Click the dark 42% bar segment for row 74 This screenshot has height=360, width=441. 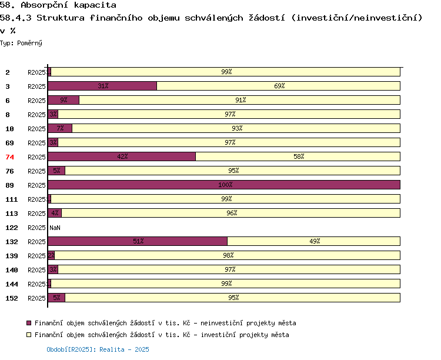tap(122, 156)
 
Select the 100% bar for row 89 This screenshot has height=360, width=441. tap(224, 185)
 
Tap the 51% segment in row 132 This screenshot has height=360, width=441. tap(138, 241)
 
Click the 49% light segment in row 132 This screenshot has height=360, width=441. tap(314, 241)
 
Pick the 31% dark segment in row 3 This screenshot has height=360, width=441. tap(102, 86)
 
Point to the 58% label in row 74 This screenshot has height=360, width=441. tap(299, 156)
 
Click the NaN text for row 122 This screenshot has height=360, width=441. tap(55, 228)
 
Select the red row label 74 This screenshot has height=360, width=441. tap(9, 157)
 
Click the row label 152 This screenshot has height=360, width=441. tap(12, 298)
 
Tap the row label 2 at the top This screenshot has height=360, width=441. tap(8, 72)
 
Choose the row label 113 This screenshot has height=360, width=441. tap(12, 214)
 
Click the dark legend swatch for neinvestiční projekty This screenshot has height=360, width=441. tap(29, 323)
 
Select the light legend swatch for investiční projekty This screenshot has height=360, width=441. tap(29, 335)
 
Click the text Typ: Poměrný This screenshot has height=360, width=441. tap(21, 43)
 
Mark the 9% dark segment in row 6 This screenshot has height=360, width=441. tap(64, 100)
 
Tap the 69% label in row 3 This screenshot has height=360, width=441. tap(279, 86)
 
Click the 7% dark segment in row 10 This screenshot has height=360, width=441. tap(60, 128)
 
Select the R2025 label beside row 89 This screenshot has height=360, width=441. tap(36, 185)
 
